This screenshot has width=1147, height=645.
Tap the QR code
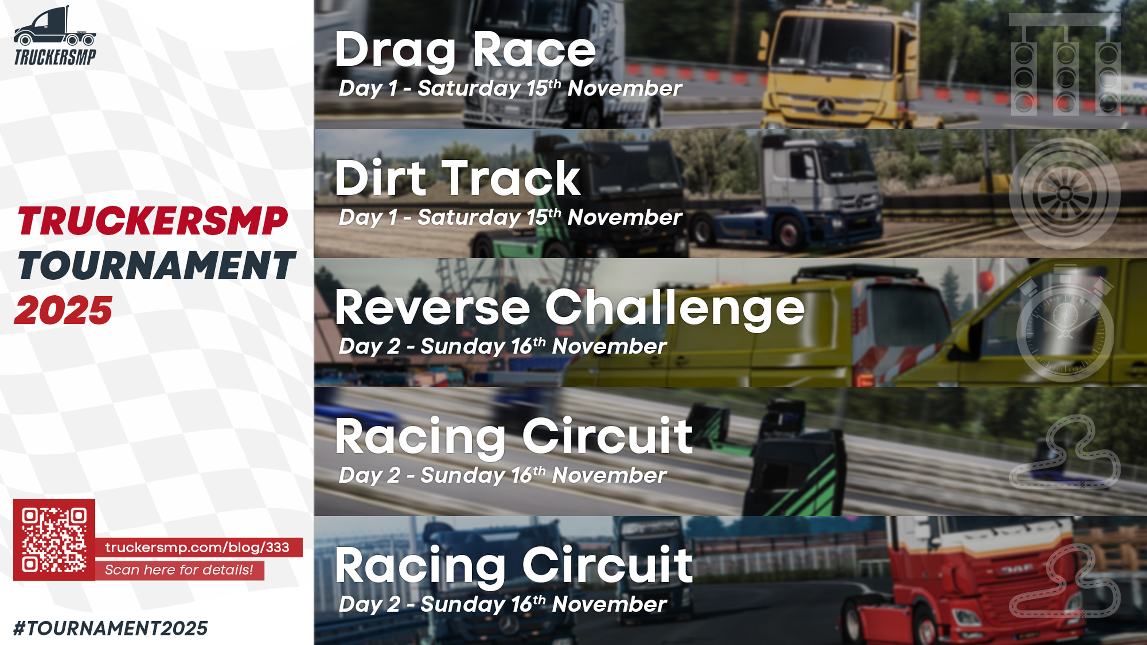tap(54, 540)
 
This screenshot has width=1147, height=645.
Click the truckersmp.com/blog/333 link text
tap(197, 547)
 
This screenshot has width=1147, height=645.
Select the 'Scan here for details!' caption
tap(179, 570)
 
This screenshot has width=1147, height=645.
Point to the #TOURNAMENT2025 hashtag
tap(110, 628)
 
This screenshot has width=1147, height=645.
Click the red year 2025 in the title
tap(63, 310)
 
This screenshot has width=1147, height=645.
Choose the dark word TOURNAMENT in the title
tap(156, 265)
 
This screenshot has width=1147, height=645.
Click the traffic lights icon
tap(1065, 65)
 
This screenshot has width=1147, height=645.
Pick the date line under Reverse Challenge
tap(503, 346)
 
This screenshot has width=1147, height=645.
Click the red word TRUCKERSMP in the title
tap(153, 221)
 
